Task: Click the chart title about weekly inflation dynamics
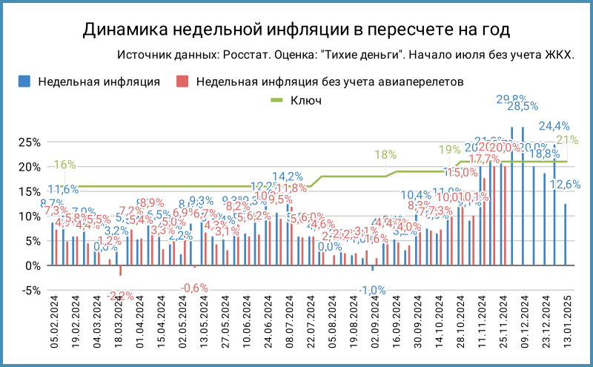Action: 296,29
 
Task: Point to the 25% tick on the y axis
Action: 28,142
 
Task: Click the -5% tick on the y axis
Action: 28,291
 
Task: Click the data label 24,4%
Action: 554,126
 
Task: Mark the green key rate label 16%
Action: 64,165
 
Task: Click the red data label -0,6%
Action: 195,288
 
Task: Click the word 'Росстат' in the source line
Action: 252,56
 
